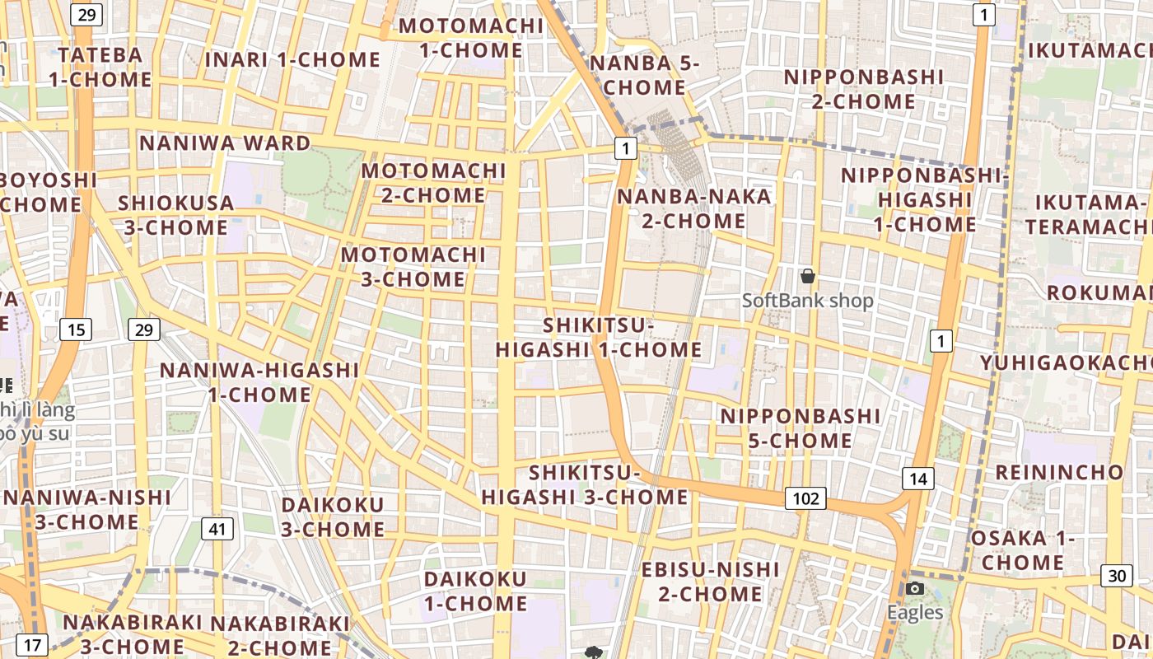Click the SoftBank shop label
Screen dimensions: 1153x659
[x=807, y=301]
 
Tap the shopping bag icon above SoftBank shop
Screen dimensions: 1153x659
[x=808, y=276]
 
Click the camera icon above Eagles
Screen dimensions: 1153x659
[x=915, y=588]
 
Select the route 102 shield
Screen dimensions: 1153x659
[x=805, y=498]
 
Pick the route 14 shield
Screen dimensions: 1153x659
[x=918, y=478]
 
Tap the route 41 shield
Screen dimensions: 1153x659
[x=216, y=529]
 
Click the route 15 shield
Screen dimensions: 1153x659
[x=76, y=330]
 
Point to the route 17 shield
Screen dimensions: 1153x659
[x=31, y=645]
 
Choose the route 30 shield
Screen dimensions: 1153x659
[x=1117, y=576]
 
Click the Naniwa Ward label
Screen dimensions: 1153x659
[x=225, y=143]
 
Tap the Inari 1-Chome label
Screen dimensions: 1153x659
[x=292, y=60]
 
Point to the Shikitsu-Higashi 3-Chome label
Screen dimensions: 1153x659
[x=585, y=485]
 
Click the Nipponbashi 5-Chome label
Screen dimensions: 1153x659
[x=801, y=428]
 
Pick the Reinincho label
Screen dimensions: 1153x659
[x=1059, y=473]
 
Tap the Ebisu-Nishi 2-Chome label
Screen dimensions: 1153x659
[x=710, y=582]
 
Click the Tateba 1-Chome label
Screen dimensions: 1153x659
[x=100, y=68]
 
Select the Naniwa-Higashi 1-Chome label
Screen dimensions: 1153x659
[x=259, y=382]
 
